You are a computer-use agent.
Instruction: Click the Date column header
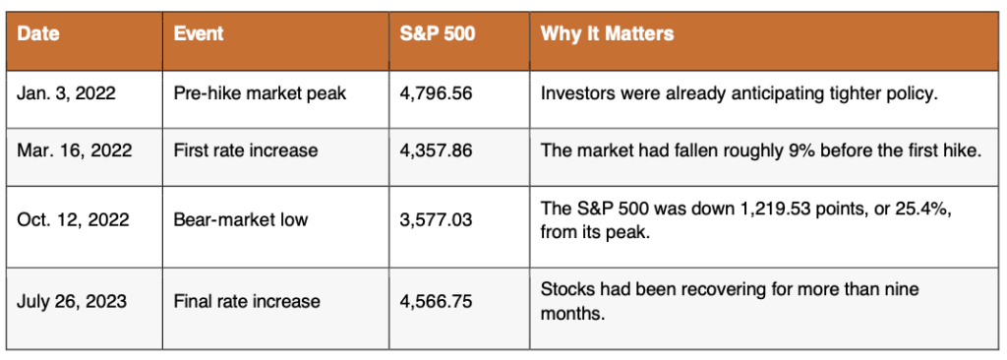pyautogui.click(x=38, y=34)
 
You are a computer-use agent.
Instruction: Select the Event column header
pyautogui.click(x=199, y=34)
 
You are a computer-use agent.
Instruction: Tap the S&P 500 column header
pyautogui.click(x=438, y=34)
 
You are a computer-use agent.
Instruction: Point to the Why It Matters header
pyautogui.click(x=607, y=34)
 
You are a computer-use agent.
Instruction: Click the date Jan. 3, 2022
pyautogui.click(x=66, y=93)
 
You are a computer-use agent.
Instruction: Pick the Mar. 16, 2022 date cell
pyautogui.click(x=75, y=151)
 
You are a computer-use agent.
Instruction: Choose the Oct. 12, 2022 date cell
pyautogui.click(x=73, y=220)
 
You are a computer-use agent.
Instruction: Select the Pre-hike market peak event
pyautogui.click(x=260, y=93)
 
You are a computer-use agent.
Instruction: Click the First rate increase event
pyautogui.click(x=246, y=151)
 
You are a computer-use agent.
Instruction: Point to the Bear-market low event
pyautogui.click(x=241, y=220)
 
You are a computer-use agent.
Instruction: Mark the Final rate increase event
pyautogui.click(x=247, y=301)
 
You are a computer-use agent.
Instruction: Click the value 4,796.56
pyautogui.click(x=436, y=93)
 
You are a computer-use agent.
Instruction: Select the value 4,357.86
pyautogui.click(x=436, y=151)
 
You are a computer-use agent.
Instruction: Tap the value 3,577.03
pyautogui.click(x=436, y=220)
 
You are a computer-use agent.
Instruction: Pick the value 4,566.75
pyautogui.click(x=436, y=301)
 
